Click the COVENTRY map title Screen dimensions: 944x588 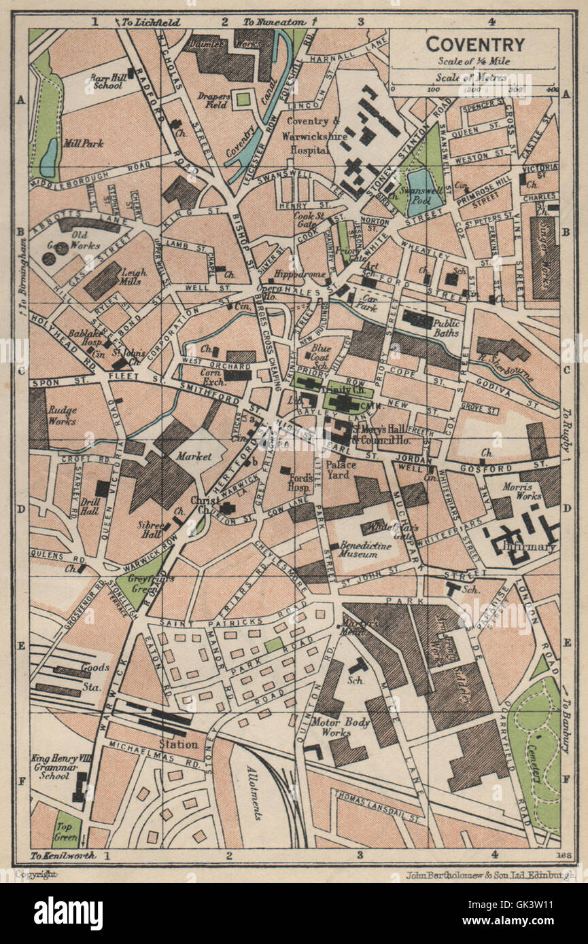(x=475, y=45)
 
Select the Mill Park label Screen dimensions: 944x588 (x=83, y=144)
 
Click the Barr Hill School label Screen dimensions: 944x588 (x=104, y=81)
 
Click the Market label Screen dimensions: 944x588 (x=194, y=456)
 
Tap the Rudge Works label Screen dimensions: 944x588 (x=62, y=415)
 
